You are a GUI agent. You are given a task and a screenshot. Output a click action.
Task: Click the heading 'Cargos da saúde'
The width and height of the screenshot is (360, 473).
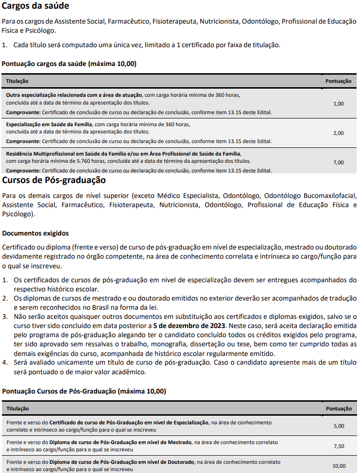(36, 6)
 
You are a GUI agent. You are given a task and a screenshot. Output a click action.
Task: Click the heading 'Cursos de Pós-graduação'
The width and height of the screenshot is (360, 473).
(54, 180)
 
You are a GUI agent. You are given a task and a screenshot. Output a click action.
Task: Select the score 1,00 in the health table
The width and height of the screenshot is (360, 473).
(338, 104)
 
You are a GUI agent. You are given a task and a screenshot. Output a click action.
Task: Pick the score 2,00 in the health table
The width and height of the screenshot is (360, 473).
(338, 133)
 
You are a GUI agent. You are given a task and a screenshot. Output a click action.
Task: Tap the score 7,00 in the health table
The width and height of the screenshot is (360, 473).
(338, 162)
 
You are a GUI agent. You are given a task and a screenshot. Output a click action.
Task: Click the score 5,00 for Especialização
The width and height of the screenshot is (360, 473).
(339, 426)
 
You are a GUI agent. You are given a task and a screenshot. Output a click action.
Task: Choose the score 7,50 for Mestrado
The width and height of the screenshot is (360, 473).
(339, 446)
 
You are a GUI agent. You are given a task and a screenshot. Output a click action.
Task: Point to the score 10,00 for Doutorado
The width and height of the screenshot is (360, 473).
(339, 466)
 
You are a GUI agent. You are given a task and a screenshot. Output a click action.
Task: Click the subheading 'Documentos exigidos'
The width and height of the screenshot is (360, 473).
(35, 233)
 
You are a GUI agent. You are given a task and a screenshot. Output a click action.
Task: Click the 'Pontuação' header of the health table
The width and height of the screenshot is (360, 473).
(338, 81)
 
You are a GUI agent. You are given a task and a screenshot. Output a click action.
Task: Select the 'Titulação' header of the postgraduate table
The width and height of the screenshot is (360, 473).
(17, 408)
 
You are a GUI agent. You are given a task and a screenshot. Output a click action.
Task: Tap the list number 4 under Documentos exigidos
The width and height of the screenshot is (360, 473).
(5, 363)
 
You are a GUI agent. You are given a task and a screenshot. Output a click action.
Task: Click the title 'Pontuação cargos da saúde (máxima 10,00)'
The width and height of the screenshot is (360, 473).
(69, 64)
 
